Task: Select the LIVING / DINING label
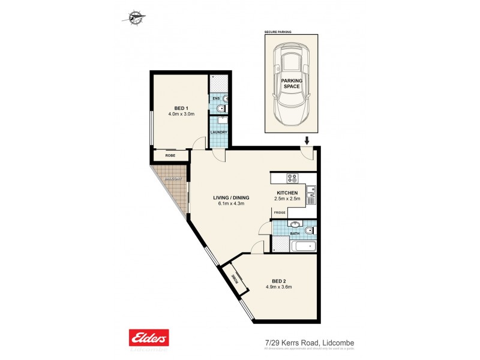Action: click(231, 197)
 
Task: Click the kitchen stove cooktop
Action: click(293, 178)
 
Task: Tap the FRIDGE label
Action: click(280, 212)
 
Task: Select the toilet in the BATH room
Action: click(308, 230)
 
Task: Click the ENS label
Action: click(215, 98)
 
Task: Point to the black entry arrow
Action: click(307, 141)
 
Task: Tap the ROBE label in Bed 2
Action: click(235, 279)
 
